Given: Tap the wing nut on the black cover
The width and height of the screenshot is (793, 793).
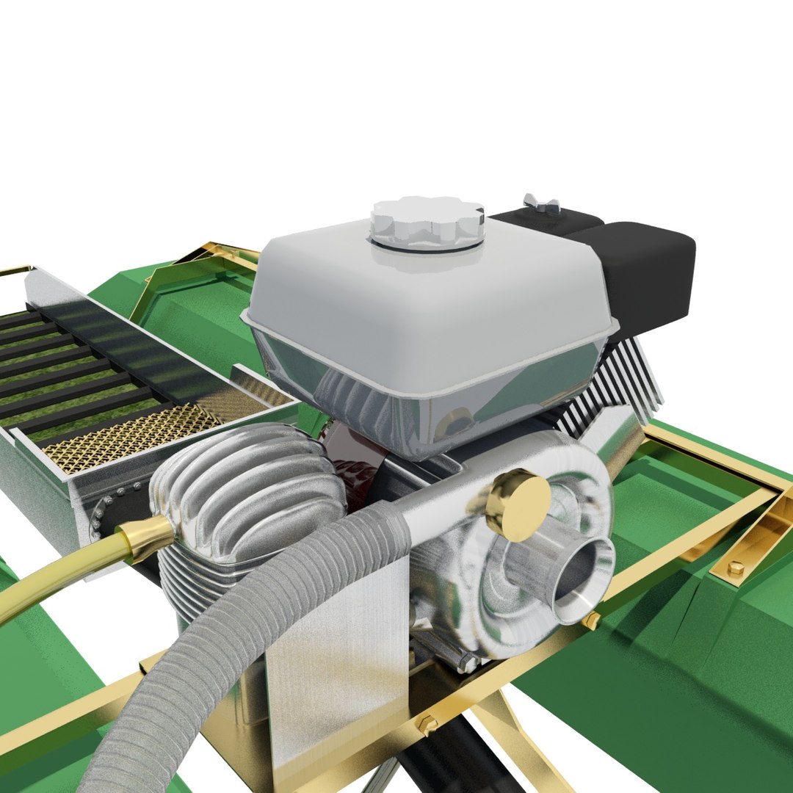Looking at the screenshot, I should click(x=541, y=203).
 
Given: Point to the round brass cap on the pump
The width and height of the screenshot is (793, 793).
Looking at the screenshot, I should click(x=520, y=504).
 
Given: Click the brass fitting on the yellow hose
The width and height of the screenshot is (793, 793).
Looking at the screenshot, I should click(x=142, y=539).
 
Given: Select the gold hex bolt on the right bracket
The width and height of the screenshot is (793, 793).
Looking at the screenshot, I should click(x=735, y=568).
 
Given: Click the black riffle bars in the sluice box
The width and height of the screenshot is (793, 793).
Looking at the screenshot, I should click(x=73, y=367).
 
